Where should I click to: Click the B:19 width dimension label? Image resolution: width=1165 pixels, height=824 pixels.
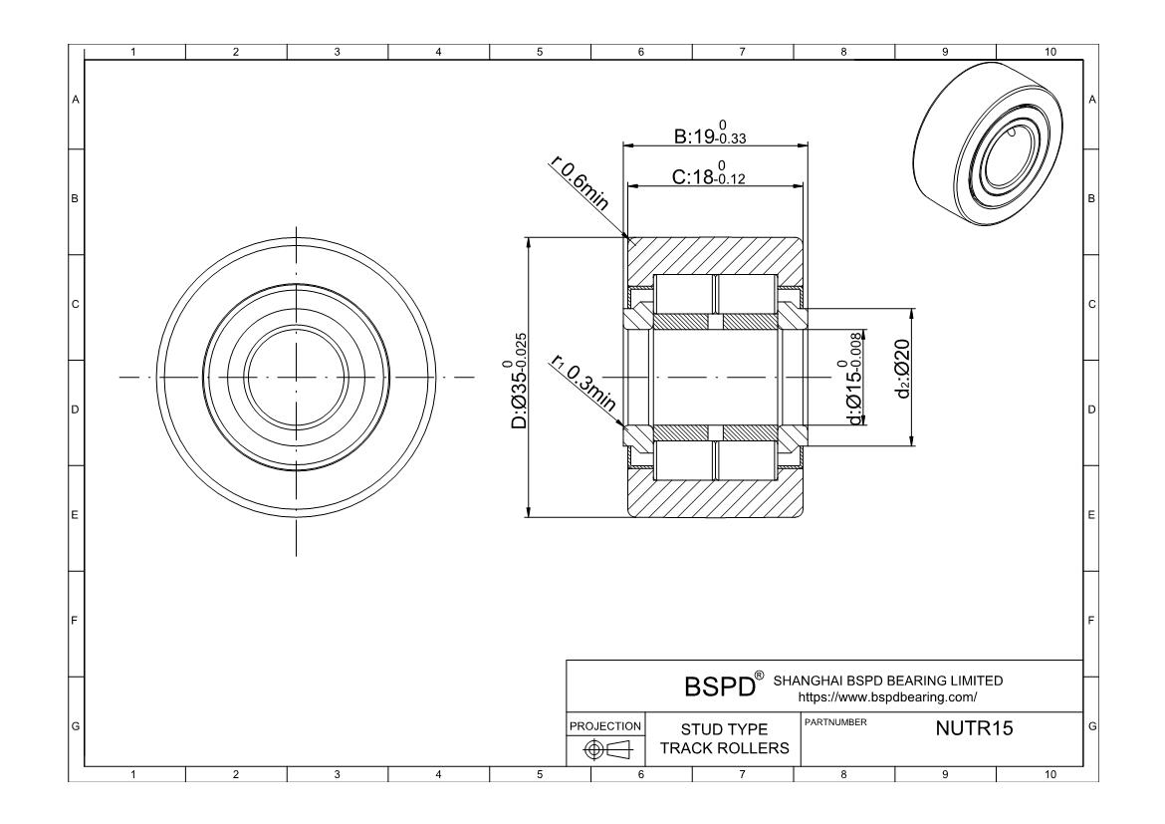pyautogui.click(x=710, y=135)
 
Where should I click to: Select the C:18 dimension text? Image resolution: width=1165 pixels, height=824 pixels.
pyautogui.click(x=708, y=175)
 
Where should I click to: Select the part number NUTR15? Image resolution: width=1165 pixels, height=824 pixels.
pyautogui.click(x=974, y=728)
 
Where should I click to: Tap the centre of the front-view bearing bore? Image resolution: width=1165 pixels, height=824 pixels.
pyautogui.click(x=297, y=378)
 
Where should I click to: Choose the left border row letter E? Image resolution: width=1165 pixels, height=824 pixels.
pyautogui.click(x=76, y=516)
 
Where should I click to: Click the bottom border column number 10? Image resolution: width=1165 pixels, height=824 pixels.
pyautogui.click(x=1048, y=775)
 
